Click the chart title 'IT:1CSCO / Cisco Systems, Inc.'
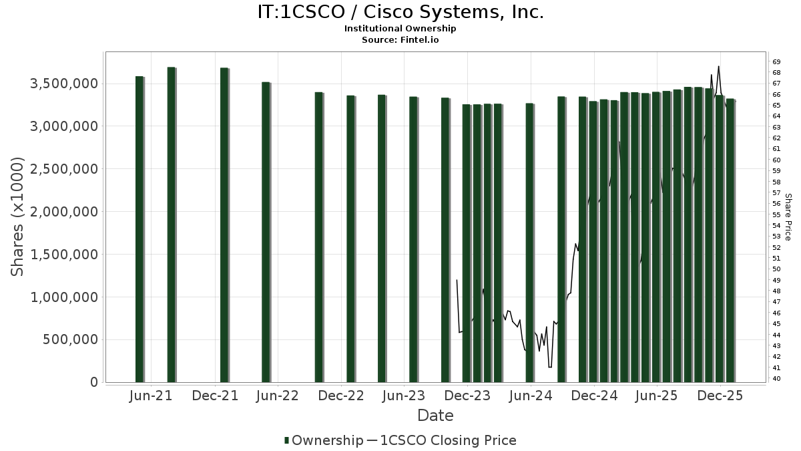pyautogui.click(x=400, y=12)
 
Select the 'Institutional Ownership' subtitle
pyautogui.click(x=400, y=29)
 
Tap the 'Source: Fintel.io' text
pyautogui.click(x=400, y=40)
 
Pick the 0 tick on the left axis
pyautogui.click(x=93, y=382)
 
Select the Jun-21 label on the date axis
pyautogui.click(x=151, y=396)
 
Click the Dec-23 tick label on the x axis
pyautogui.click(x=467, y=396)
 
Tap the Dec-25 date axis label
pyautogui.click(x=720, y=396)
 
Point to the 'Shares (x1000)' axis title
pyautogui.click(x=18, y=216)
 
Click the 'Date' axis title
pyautogui.click(x=435, y=416)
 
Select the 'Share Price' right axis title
pyautogui.click(x=788, y=216)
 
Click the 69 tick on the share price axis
pyautogui.click(x=776, y=61)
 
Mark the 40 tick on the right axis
pyautogui.click(x=776, y=379)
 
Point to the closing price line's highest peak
pyautogui.click(x=718, y=67)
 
